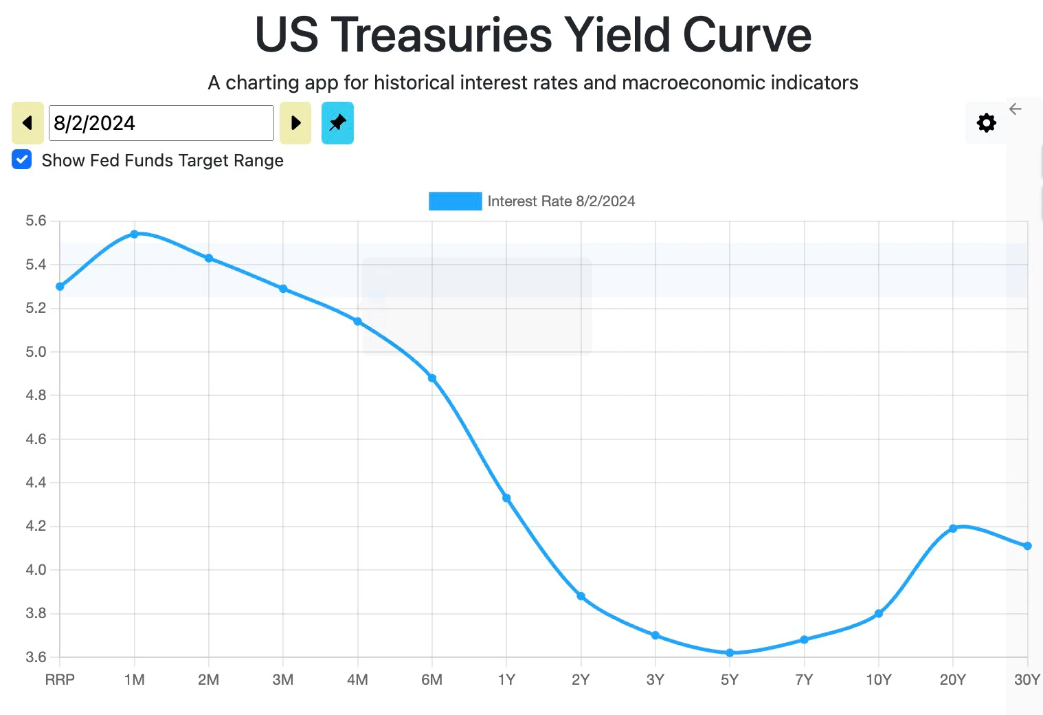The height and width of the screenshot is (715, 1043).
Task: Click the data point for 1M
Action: [135, 234]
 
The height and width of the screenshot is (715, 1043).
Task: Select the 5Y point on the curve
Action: [730, 652]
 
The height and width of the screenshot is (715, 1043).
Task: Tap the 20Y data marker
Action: [953, 528]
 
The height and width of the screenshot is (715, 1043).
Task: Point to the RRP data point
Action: [60, 286]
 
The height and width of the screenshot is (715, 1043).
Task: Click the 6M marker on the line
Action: [432, 378]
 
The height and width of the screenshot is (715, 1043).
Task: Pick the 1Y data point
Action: [506, 498]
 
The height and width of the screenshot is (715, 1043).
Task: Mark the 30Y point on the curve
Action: [1027, 546]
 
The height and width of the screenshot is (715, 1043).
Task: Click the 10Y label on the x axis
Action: [878, 680]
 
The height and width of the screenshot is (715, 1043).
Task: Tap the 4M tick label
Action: [357, 680]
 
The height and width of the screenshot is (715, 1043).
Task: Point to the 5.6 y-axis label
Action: [36, 221]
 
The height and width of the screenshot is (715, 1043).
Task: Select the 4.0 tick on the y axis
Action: [36, 570]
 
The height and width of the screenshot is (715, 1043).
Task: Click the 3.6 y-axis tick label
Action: [36, 657]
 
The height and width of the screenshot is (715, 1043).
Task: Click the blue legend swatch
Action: [455, 201]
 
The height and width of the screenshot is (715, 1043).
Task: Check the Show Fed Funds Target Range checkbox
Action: [22, 159]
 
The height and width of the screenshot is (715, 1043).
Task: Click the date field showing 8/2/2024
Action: [161, 123]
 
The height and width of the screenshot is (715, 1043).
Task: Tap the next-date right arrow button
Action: [295, 123]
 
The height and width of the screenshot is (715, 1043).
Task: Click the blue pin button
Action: [337, 123]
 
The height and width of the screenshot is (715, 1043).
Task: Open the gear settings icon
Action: [986, 123]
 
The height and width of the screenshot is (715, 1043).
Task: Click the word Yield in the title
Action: [616, 34]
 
